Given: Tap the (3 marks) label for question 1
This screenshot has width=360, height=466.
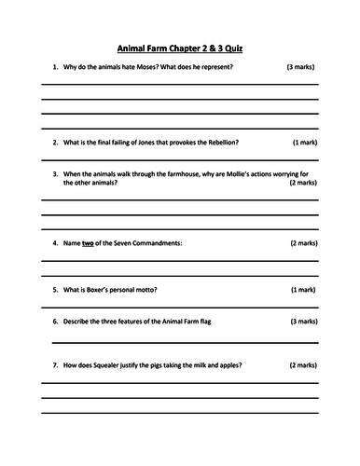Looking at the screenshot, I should tap(301, 68).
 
